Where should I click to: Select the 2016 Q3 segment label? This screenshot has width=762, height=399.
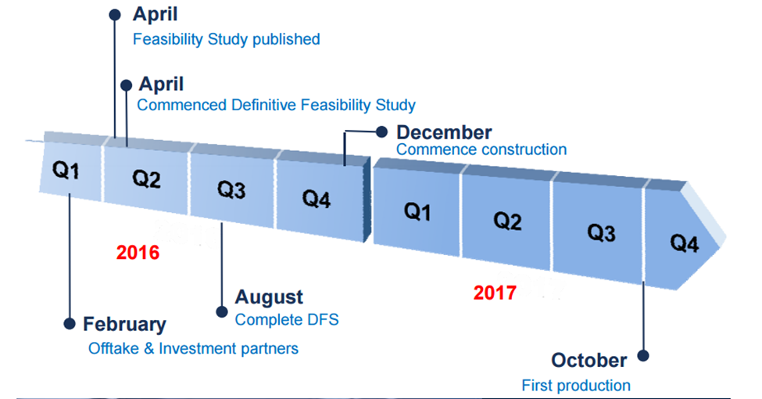(231, 189)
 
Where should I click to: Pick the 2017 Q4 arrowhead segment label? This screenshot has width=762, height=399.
(685, 243)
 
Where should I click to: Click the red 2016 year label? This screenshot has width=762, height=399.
(138, 252)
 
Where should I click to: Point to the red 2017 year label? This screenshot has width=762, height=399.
(495, 293)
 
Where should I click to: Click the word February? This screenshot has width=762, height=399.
(124, 324)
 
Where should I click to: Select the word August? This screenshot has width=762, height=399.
(269, 297)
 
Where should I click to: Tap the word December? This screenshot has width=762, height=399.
(444, 132)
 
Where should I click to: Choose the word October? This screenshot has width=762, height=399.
(589, 360)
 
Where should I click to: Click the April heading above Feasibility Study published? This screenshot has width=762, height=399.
(155, 15)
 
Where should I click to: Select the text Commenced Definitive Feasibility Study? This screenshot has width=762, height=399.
(276, 105)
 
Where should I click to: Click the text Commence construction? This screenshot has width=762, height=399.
(481, 149)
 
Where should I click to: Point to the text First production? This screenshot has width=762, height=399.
(576, 386)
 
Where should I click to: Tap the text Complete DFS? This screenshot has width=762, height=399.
(287, 320)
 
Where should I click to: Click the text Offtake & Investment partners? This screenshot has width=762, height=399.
(193, 348)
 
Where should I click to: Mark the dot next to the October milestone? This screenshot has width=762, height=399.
(643, 356)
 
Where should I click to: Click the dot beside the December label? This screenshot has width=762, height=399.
(382, 131)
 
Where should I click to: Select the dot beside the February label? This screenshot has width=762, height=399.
(70, 324)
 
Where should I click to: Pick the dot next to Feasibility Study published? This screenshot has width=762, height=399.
(115, 15)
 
